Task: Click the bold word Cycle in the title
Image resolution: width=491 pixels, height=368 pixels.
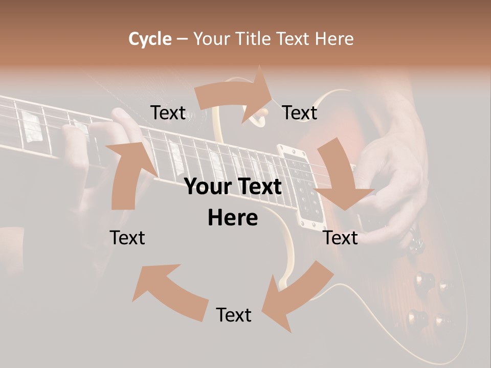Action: (150, 38)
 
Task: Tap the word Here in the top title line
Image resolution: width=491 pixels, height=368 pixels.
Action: (334, 38)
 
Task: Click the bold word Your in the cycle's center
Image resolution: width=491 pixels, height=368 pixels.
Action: (208, 187)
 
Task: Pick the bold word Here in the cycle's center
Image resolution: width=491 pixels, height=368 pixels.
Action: (233, 218)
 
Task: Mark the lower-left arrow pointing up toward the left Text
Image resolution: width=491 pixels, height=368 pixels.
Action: (169, 291)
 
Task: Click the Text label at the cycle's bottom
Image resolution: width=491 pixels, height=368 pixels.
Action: (234, 315)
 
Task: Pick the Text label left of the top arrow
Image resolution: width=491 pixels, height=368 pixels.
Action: (168, 112)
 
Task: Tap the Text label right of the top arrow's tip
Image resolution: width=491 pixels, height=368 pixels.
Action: (300, 112)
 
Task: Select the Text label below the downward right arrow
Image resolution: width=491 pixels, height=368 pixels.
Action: (341, 238)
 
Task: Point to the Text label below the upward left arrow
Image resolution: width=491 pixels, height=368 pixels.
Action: (127, 238)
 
